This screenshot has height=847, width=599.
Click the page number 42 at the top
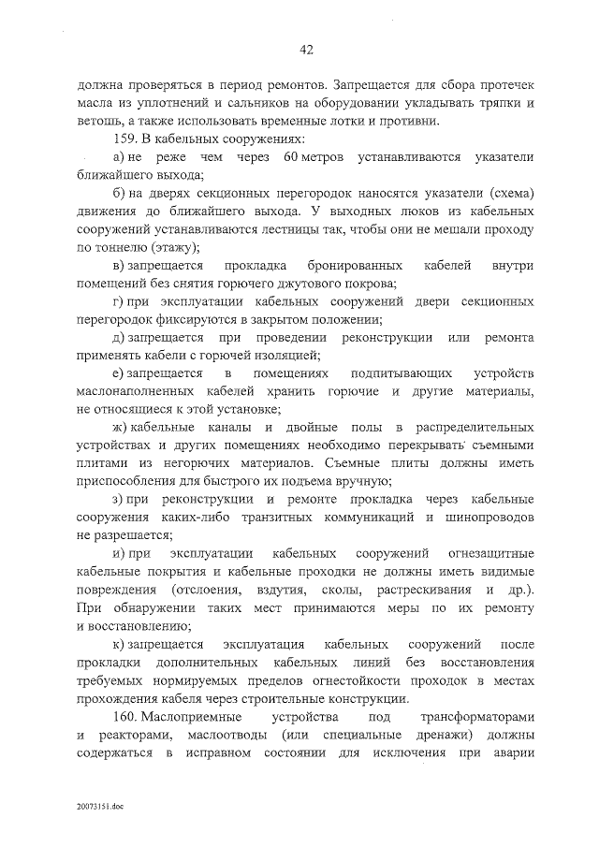coord(306,50)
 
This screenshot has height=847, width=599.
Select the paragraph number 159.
coord(124,139)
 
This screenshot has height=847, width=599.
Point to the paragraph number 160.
coord(124,717)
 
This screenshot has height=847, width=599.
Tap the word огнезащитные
coord(489,553)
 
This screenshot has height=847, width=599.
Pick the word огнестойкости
coord(345,680)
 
